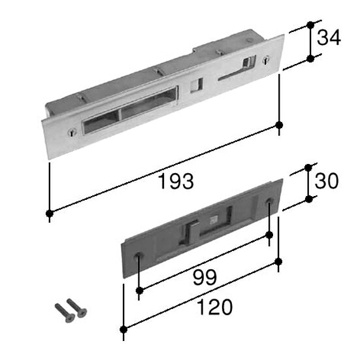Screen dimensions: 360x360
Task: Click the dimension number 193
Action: (x=176, y=182)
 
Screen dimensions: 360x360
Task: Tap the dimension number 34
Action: (x=329, y=38)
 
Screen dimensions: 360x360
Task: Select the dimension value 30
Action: (x=327, y=181)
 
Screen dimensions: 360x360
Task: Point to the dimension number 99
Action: (x=205, y=278)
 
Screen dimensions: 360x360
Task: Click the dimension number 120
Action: (x=215, y=307)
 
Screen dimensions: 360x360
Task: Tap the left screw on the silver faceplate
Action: (x=72, y=133)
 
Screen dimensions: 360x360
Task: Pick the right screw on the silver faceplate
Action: (x=266, y=59)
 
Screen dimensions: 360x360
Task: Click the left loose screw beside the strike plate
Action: (x=65, y=313)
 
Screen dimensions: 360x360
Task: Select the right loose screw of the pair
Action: (x=76, y=308)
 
